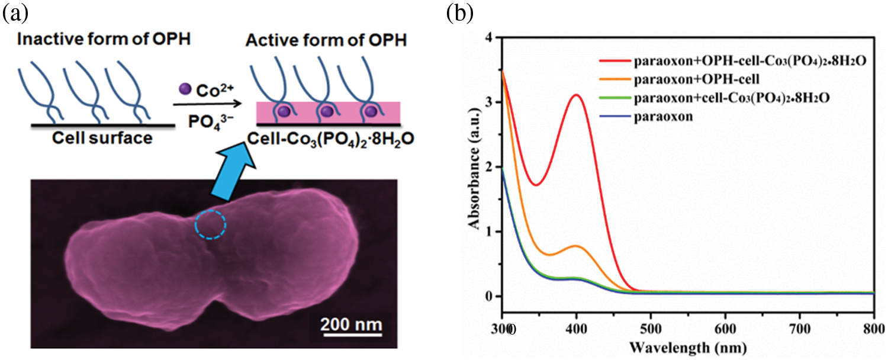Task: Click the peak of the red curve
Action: pyautogui.click(x=575, y=95)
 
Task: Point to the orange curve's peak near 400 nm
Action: pyautogui.click(x=575, y=245)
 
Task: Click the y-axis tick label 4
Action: pyautogui.click(x=488, y=37)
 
